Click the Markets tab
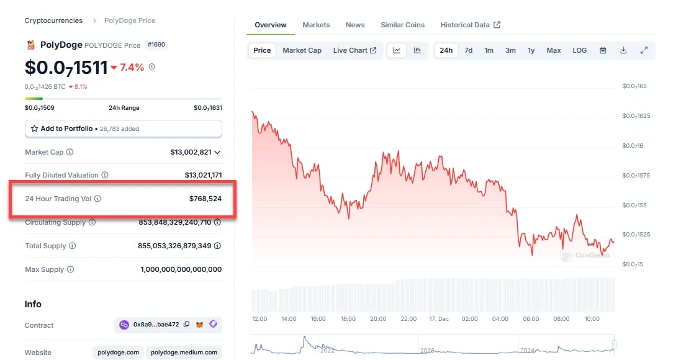[316, 25]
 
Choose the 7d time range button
[469, 50]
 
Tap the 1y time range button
[531, 50]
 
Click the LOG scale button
[579, 50]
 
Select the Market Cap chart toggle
[302, 50]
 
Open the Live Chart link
[354, 50]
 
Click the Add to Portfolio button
[124, 128]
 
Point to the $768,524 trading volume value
[205, 199]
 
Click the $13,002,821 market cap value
[191, 152]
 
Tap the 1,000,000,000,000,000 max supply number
[181, 269]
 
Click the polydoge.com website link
[118, 353]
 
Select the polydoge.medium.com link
[184, 353]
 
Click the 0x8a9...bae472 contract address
[156, 325]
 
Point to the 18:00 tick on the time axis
[348, 319]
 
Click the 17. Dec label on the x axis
[438, 319]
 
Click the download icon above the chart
[623, 50]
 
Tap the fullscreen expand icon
[644, 50]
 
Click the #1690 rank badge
[156, 45]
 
